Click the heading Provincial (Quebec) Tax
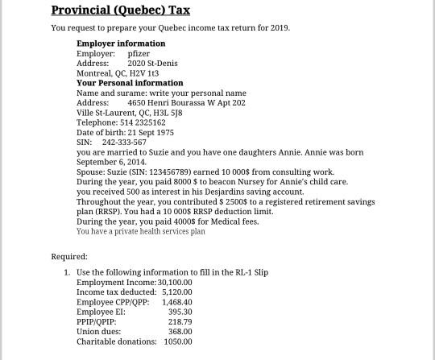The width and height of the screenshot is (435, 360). click(x=120, y=10)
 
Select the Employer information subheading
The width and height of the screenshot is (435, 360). click(x=121, y=43)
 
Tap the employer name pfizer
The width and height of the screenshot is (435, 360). click(x=139, y=53)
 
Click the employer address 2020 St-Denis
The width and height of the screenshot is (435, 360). click(x=152, y=63)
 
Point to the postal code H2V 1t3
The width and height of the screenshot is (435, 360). click(x=143, y=73)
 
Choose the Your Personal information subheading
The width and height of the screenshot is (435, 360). click(x=130, y=83)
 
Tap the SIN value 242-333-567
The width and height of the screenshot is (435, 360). click(x=124, y=143)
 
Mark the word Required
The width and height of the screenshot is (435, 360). click(x=68, y=257)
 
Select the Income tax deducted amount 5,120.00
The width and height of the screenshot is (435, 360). click(x=176, y=292)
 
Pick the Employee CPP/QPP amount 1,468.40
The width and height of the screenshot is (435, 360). click(x=176, y=302)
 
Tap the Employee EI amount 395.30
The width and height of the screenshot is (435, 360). click(x=180, y=312)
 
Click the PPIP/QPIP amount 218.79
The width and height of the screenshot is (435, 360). click(x=180, y=321)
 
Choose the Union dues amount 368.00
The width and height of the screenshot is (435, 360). click(x=180, y=331)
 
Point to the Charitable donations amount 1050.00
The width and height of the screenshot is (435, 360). click(x=177, y=341)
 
